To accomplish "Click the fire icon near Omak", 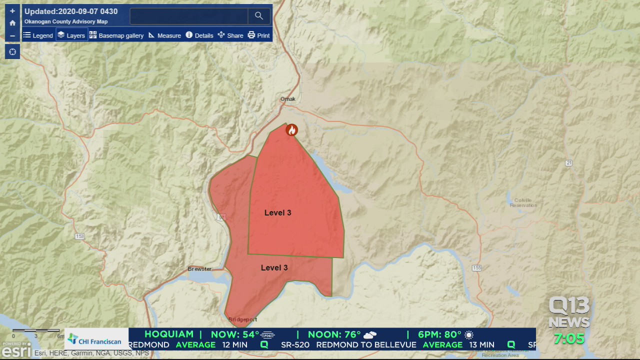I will pyautogui.click(x=291, y=130).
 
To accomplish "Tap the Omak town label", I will pyautogui.click(x=288, y=99).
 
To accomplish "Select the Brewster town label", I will pyautogui.click(x=200, y=269).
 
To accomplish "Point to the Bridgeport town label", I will pyautogui.click(x=242, y=319).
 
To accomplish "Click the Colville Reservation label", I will pyautogui.click(x=523, y=202).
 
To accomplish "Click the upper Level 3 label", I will pyautogui.click(x=277, y=213).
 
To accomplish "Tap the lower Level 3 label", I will pyautogui.click(x=274, y=268).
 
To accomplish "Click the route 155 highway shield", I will pyautogui.click(x=476, y=268).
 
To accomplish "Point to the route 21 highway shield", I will pyautogui.click(x=568, y=163).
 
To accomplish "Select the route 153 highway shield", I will pyautogui.click(x=79, y=236).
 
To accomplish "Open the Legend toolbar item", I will pyautogui.click(x=38, y=35).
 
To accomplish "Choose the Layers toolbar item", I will pyautogui.click(x=71, y=35).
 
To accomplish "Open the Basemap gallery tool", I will pyautogui.click(x=116, y=35).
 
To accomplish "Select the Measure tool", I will pyautogui.click(x=164, y=35).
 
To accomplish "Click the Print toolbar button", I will pyautogui.click(x=258, y=35).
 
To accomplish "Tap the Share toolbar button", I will pyautogui.click(x=230, y=35).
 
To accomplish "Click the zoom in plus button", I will pyautogui.click(x=12, y=11).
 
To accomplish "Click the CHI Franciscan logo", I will pyautogui.click(x=95, y=340).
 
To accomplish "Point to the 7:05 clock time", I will pyautogui.click(x=569, y=339).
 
